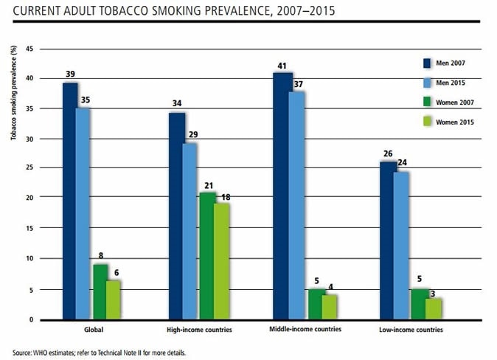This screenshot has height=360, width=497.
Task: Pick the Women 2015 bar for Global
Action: tap(112, 300)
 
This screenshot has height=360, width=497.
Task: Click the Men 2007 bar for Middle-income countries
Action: tap(282, 195)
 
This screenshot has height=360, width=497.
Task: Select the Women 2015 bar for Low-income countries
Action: tap(434, 308)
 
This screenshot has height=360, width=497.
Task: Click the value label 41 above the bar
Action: tap(282, 66)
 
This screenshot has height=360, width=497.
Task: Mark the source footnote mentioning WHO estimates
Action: tap(100, 353)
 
